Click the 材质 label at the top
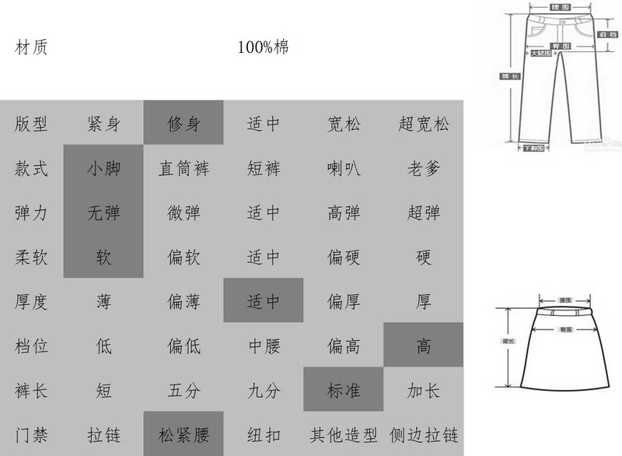click(31, 47)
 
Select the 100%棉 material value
click(263, 47)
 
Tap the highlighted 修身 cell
click(183, 124)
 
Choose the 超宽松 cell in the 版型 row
click(423, 124)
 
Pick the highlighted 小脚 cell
click(103, 168)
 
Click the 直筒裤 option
click(183, 168)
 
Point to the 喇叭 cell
click(343, 168)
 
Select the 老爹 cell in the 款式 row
click(423, 168)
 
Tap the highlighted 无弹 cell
click(103, 212)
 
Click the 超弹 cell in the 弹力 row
click(423, 212)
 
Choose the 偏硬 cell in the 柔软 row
click(343, 257)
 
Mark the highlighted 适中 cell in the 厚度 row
click(263, 301)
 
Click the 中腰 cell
click(263, 346)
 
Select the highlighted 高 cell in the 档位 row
click(423, 346)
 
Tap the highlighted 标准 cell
click(343, 390)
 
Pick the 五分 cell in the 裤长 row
click(183, 390)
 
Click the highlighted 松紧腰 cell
click(183, 434)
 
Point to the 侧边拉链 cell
click(423, 434)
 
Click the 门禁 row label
click(31, 434)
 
